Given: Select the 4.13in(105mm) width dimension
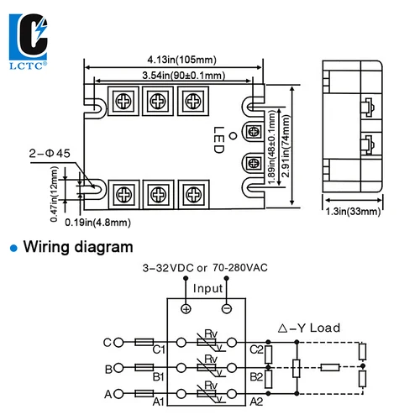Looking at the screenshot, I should pos(176,60).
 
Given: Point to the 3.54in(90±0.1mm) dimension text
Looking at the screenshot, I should pos(176,76).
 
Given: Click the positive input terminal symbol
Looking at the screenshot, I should pos(186,308).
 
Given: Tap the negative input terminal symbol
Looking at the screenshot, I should pos(228,308).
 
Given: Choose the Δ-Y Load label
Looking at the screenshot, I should pos(309,328).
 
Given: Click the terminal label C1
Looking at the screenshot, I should pos(160,349).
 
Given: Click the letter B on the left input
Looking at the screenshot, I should pos(108,368).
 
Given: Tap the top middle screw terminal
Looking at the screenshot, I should pos(157,102).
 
